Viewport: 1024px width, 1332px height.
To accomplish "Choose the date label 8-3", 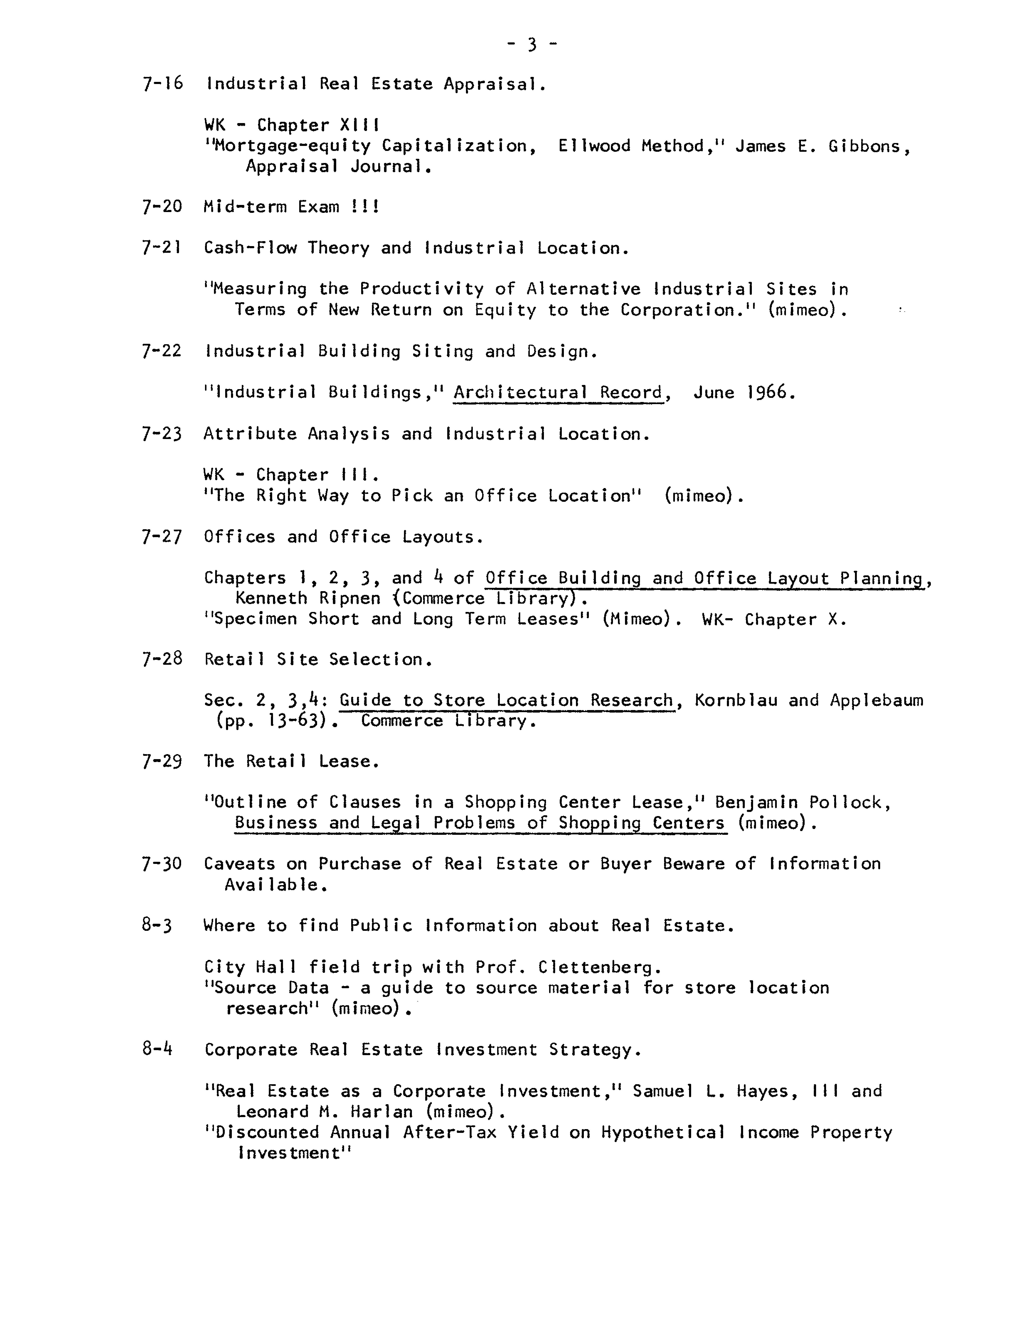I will click(157, 926).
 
